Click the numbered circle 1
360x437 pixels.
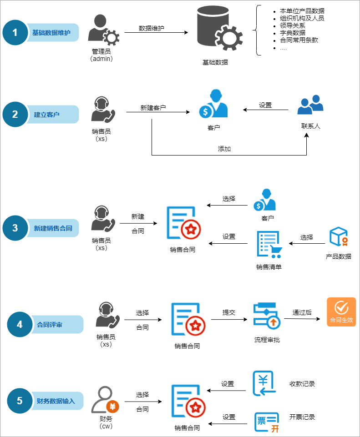15,33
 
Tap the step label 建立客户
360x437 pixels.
47,115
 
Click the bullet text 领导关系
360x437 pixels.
292,25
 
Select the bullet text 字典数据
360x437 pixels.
292,33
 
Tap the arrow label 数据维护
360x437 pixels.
151,28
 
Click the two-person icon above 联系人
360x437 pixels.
310,106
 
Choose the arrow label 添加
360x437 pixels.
224,149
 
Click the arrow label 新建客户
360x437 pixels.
153,108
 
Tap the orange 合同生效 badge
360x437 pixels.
341,311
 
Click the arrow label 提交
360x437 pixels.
228,312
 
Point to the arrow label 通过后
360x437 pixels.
302,312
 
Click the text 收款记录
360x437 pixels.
302,384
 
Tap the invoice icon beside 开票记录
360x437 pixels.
266,422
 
